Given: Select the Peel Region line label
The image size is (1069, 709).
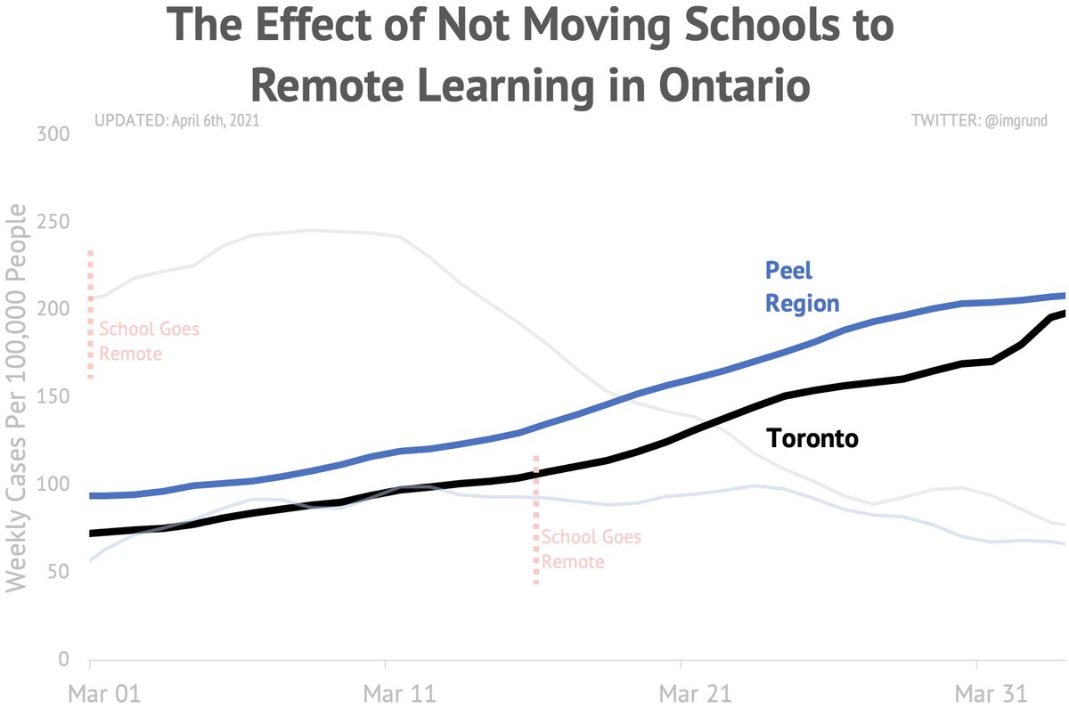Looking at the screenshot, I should (x=802, y=287).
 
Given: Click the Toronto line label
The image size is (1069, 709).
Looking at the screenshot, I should (x=812, y=438).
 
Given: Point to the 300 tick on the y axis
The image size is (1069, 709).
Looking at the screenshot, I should (x=52, y=134).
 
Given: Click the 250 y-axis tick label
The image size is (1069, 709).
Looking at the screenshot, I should (x=52, y=222).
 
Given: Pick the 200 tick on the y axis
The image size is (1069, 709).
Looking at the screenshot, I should (x=52, y=309).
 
